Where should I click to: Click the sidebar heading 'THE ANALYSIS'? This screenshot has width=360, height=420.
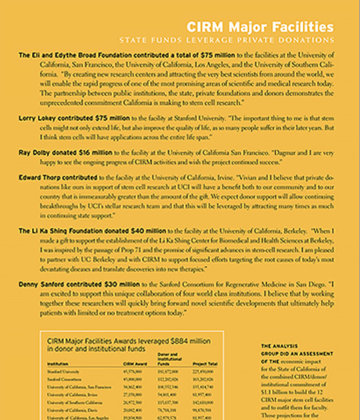278,345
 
